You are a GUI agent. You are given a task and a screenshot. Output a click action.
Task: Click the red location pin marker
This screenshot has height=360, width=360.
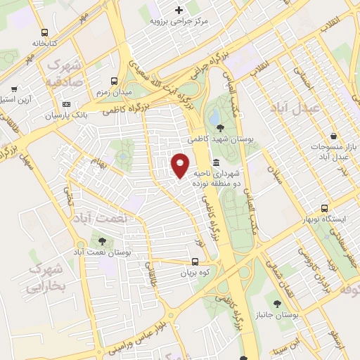[x=180, y=165]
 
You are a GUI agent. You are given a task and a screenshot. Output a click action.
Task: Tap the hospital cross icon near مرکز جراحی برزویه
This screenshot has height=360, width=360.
[x=179, y=10]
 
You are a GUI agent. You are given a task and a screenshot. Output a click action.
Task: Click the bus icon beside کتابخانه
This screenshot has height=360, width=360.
[x=45, y=32]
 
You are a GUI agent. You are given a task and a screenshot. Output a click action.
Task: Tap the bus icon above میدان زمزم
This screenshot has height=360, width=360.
[x=115, y=82]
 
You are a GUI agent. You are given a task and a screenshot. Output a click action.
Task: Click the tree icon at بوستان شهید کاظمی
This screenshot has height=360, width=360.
[x=221, y=127]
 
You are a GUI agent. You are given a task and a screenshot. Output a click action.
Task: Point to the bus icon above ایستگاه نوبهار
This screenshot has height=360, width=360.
[x=324, y=208]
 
